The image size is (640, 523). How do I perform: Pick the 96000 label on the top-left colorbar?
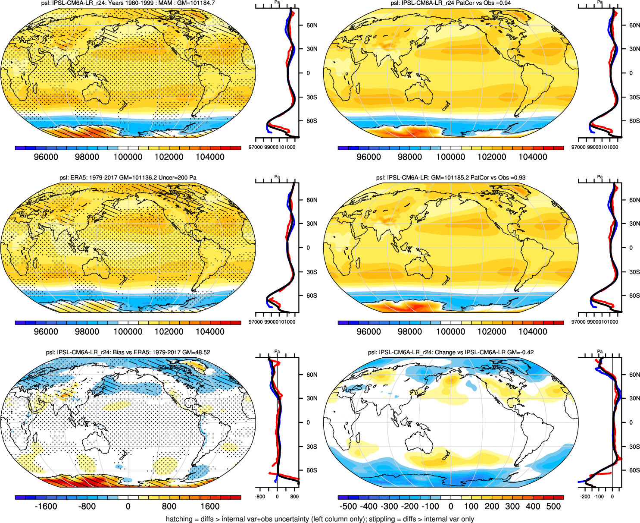pos(46,157)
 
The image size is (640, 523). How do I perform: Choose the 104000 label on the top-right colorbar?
pos(533,157)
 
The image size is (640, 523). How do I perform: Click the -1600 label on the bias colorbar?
pos(46,507)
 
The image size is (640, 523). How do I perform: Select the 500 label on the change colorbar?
pos(553,507)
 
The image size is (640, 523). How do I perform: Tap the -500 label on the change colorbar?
pos(348,507)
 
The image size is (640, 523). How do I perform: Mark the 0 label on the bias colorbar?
pos(128,507)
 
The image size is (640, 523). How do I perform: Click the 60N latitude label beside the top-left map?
pos(312,25)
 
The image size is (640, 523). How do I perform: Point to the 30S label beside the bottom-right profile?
pos(634,447)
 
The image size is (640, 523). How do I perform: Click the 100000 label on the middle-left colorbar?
pos(128,332)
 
